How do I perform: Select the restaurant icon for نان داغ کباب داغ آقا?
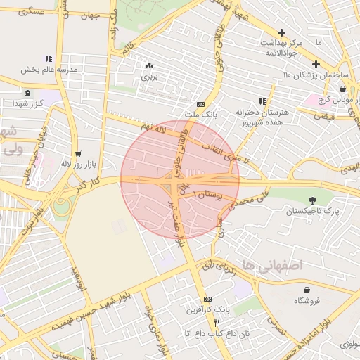207,322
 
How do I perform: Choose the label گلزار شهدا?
28,103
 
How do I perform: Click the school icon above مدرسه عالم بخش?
48,59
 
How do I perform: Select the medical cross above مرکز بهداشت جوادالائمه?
281,32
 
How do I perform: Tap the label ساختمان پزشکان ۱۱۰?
309,75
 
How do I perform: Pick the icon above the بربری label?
149,65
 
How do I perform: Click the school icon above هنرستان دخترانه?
262,101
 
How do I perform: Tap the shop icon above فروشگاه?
307,290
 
